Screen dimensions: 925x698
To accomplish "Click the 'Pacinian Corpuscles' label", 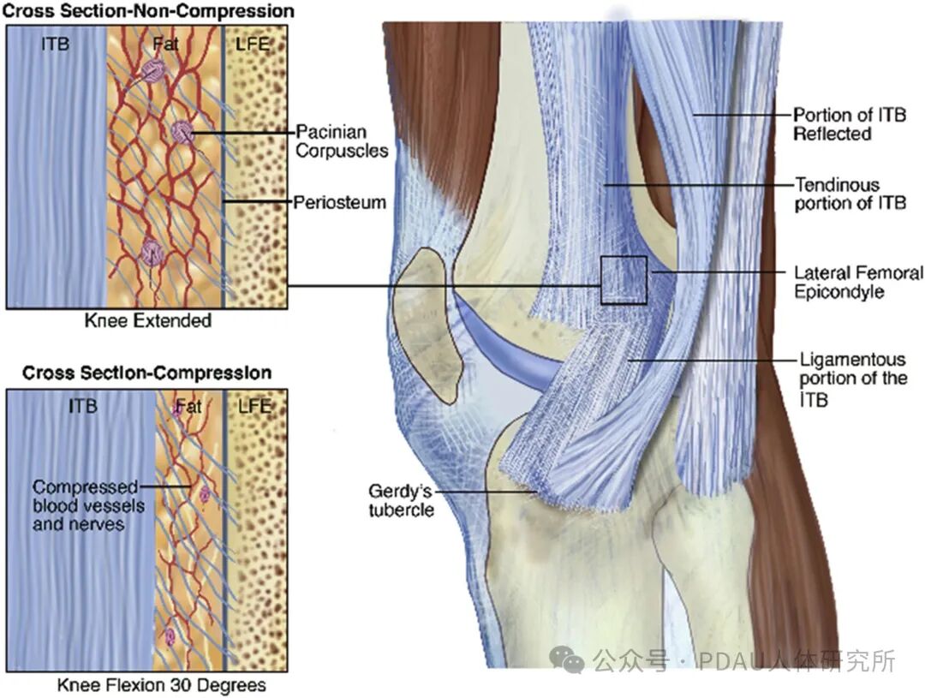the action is [x=342, y=141].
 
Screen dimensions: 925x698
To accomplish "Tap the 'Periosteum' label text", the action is [x=340, y=202].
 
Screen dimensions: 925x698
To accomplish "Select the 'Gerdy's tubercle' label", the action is [x=401, y=500].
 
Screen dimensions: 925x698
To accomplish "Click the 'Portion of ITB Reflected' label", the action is [x=850, y=124].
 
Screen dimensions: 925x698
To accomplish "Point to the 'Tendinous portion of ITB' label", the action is [x=850, y=194].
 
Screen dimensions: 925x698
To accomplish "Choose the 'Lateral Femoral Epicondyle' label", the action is [x=858, y=282].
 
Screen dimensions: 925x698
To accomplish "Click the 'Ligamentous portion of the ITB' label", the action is [x=853, y=379].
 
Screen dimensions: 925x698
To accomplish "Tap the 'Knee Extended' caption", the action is [x=148, y=320].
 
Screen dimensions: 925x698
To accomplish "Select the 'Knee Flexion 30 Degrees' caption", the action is [x=162, y=685].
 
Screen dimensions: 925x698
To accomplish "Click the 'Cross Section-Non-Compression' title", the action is [x=149, y=10].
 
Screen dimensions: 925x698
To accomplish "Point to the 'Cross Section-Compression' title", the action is [x=147, y=373].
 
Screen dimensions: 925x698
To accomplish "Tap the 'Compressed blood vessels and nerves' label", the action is [x=88, y=505].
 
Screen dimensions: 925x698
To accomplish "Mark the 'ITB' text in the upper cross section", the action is [x=56, y=44].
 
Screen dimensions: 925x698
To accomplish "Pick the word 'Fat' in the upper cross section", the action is [x=166, y=44].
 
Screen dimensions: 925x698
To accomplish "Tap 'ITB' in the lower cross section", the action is [x=83, y=406].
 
